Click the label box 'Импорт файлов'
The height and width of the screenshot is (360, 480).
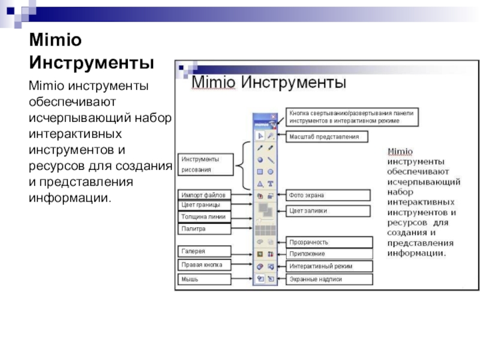[204, 195]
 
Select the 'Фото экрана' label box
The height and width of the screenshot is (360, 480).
[328, 195]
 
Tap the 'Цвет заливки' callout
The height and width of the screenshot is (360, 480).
[328, 211]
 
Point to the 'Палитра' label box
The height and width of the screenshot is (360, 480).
[204, 229]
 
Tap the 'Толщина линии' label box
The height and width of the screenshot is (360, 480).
[204, 217]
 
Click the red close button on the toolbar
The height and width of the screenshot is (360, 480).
[274, 118]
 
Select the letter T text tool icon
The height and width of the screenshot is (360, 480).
[271, 184]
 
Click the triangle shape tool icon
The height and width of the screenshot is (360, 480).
[260, 184]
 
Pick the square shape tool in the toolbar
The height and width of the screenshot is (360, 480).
[260, 172]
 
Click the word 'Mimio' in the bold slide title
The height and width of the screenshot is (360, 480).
[55, 41]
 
